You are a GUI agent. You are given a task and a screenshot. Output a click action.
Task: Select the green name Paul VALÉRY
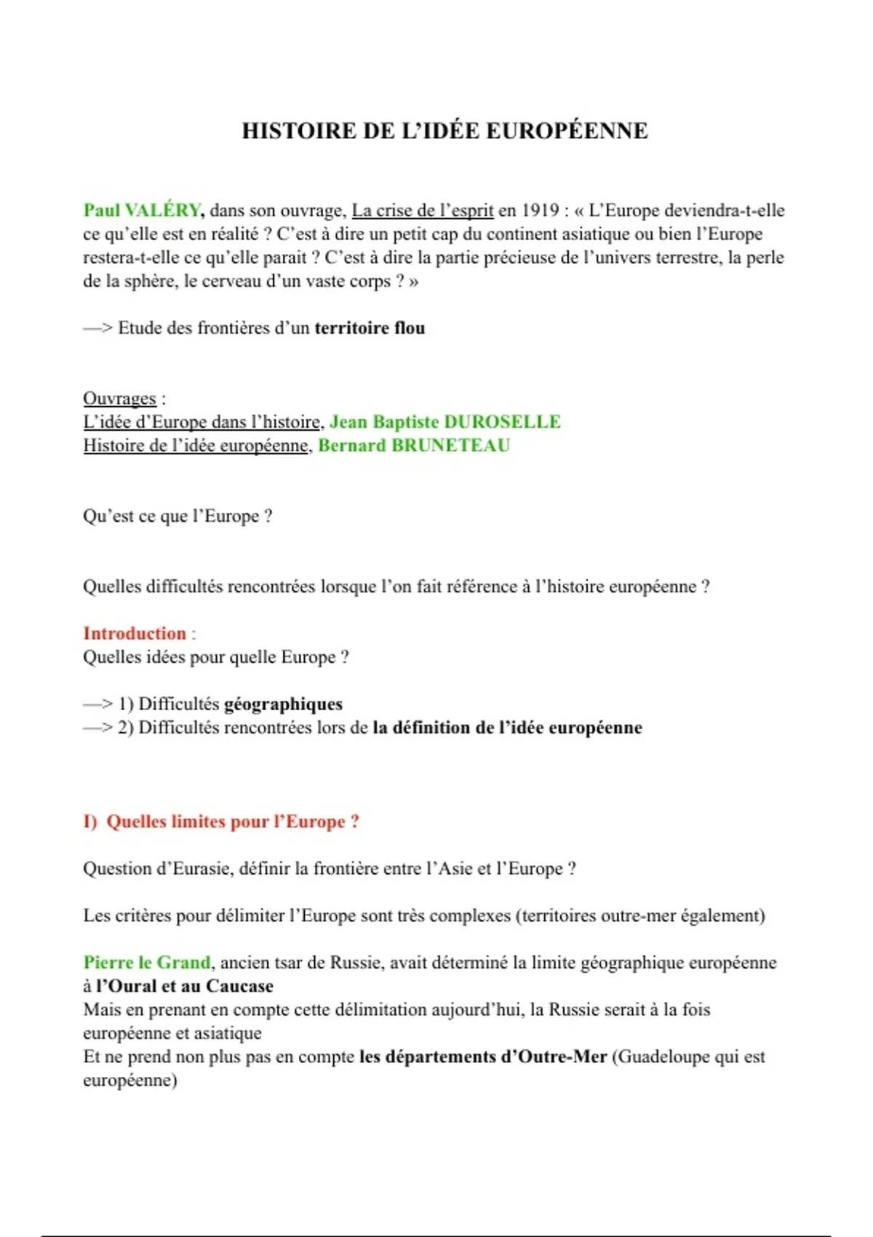click(142, 210)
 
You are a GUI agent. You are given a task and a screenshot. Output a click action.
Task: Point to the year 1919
click(540, 210)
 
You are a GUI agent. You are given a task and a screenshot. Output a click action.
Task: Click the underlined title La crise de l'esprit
click(423, 210)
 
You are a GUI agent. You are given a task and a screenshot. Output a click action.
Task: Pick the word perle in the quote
click(764, 258)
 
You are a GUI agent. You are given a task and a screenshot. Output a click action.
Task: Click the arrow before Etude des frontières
click(98, 328)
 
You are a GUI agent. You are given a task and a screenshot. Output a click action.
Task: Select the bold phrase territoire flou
click(370, 328)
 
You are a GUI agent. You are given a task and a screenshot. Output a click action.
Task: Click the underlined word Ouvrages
click(119, 399)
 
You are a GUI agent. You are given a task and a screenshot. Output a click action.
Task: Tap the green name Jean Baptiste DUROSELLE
click(445, 422)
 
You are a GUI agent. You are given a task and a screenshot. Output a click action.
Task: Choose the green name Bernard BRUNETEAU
click(414, 445)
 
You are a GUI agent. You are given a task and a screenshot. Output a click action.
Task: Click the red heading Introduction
click(135, 633)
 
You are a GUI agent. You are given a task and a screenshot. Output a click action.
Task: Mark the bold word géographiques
click(283, 704)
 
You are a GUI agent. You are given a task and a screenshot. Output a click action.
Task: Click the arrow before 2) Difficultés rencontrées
click(98, 728)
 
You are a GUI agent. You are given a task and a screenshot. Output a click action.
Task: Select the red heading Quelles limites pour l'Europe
click(233, 822)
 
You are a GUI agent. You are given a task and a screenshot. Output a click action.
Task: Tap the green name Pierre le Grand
click(147, 963)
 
